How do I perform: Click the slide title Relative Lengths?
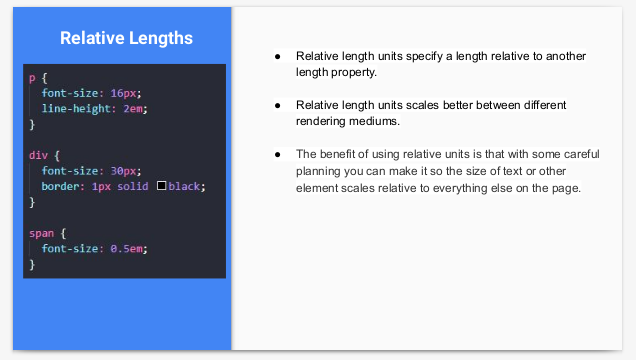pos(126,38)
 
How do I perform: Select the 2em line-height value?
pos(133,109)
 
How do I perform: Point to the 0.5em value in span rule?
pos(127,249)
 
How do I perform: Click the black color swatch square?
pos(161,186)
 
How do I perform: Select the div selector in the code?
pos(39,155)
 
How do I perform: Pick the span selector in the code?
pos(41,234)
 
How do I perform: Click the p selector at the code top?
pos(32,78)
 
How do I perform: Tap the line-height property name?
pos(76,109)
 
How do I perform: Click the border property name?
pos(61,186)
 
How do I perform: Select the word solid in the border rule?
pos(133,186)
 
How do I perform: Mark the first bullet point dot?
pos(277,57)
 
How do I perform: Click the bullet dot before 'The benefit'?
pos(277,154)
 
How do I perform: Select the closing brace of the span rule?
pos(32,264)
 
